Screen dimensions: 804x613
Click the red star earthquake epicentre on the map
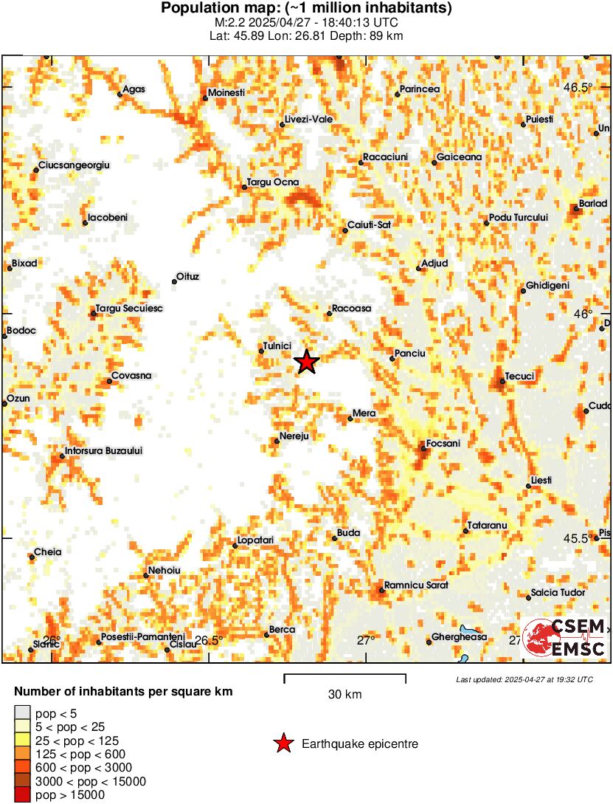pyautogui.click(x=306, y=362)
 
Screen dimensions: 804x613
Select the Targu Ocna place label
pyautogui.click(x=272, y=182)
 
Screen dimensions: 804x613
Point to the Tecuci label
pyautogui.click(x=520, y=377)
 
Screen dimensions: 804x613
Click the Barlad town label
pyautogui.click(x=593, y=203)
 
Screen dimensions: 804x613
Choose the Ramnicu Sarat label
pyautogui.click(x=416, y=585)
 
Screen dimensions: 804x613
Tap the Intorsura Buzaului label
pyautogui.click(x=103, y=450)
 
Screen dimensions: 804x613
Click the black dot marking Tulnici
pyautogui.click(x=261, y=351)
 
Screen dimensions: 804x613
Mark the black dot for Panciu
pyautogui.click(x=392, y=359)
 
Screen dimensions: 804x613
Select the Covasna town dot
pyautogui.click(x=109, y=381)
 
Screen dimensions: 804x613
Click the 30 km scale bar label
pyautogui.click(x=344, y=694)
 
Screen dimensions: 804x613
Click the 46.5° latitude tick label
pyautogui.click(x=578, y=87)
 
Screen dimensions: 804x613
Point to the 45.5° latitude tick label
pyautogui.click(x=578, y=538)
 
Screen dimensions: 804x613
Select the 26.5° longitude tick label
pyautogui.click(x=209, y=640)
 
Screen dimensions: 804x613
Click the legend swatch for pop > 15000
pyautogui.click(x=23, y=794)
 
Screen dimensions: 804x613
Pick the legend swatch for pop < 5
pyautogui.click(x=23, y=713)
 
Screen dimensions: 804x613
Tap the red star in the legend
pyautogui.click(x=283, y=743)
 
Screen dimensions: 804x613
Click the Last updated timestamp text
pyautogui.click(x=524, y=679)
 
